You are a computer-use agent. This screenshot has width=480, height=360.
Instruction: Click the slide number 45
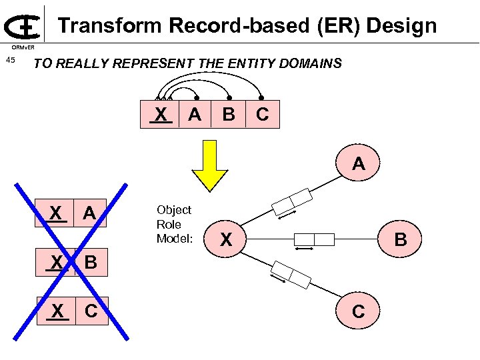click(x=10, y=61)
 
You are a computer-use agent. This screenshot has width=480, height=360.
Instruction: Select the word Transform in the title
click(x=110, y=26)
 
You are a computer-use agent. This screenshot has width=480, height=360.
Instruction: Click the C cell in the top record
click(x=263, y=115)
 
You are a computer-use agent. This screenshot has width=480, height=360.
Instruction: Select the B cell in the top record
click(x=229, y=115)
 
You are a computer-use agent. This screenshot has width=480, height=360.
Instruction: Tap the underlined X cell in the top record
click(x=161, y=115)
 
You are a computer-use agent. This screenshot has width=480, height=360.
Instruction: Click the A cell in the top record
click(x=195, y=115)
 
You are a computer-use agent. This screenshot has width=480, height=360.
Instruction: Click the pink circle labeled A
click(x=359, y=163)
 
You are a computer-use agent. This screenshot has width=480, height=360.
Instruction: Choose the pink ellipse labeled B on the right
click(x=400, y=239)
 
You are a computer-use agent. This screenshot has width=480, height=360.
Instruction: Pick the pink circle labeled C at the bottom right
click(x=358, y=311)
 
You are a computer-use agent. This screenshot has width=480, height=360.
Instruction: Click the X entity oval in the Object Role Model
click(x=227, y=239)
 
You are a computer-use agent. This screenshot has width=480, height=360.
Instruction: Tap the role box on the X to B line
click(x=314, y=239)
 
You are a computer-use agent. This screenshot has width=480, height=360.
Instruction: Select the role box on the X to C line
click(x=291, y=274)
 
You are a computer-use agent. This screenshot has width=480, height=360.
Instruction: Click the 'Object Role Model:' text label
click(x=173, y=225)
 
